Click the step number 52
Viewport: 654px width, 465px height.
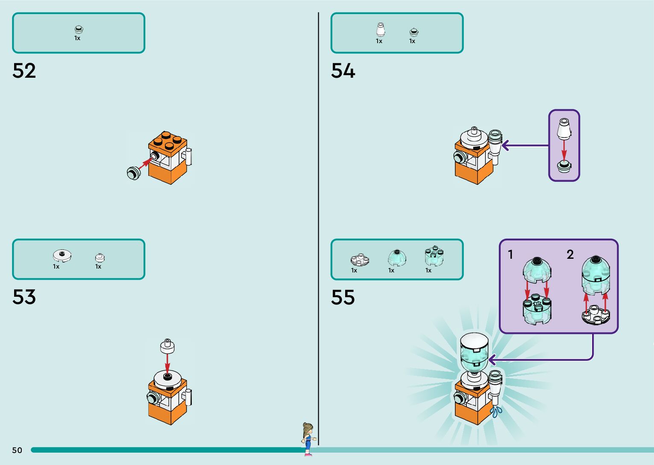point(24,71)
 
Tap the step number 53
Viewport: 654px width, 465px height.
point(24,297)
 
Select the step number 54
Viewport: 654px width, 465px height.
point(343,71)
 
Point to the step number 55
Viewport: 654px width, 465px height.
point(343,297)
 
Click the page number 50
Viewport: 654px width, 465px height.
point(17,450)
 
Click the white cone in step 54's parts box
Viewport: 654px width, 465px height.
point(380,30)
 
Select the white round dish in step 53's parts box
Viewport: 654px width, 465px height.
point(62,255)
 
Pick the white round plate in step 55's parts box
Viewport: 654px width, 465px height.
point(360,260)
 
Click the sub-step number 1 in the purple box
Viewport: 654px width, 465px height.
point(510,254)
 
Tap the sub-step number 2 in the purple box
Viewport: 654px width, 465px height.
point(570,254)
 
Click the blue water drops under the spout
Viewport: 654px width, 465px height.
point(496,412)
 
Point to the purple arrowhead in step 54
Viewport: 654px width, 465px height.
point(505,146)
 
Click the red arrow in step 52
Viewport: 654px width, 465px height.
point(145,163)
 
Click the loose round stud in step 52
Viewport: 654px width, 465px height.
point(133,173)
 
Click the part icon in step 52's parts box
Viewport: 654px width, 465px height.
point(79,29)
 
